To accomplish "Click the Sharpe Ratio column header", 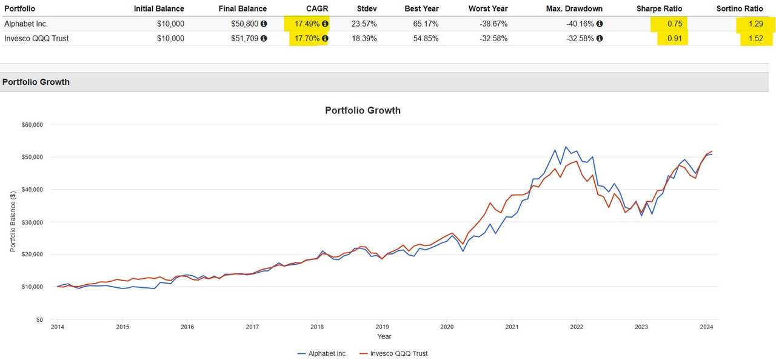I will pyautogui.click(x=659, y=8).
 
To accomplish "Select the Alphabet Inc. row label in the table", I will pyautogui.click(x=25, y=24).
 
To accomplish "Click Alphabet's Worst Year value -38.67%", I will pyautogui.click(x=492, y=24).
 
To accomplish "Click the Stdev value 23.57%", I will pyautogui.click(x=364, y=24).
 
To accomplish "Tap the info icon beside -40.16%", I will pyautogui.click(x=600, y=24).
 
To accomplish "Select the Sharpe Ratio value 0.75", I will pyautogui.click(x=675, y=24).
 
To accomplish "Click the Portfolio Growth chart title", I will pyautogui.click(x=363, y=110).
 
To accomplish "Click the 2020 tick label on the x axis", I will pyautogui.click(x=446, y=327).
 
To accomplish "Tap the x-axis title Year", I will pyautogui.click(x=384, y=336).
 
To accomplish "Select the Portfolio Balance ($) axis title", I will pyautogui.click(x=13, y=221).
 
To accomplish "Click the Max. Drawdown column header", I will pyautogui.click(x=574, y=8).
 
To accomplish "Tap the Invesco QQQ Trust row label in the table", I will pyautogui.click(x=36, y=38).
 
